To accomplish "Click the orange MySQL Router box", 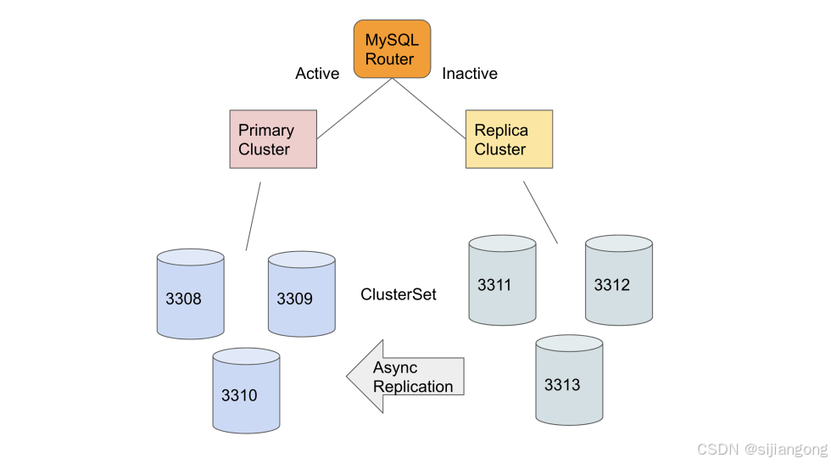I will tap(392, 49).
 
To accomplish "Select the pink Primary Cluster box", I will tap(273, 139).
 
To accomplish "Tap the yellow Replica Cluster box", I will tap(509, 139).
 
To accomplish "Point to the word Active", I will tap(317, 74).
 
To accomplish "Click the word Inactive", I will tap(470, 74).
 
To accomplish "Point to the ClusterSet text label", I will tap(399, 294).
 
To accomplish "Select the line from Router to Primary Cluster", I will tap(354, 109).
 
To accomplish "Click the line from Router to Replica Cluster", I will tap(429, 109).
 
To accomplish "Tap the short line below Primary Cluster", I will tap(254, 215).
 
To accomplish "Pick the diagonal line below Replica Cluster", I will tap(540, 211).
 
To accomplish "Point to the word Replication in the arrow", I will tap(414, 387).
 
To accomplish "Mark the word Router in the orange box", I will tap(390, 59).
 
